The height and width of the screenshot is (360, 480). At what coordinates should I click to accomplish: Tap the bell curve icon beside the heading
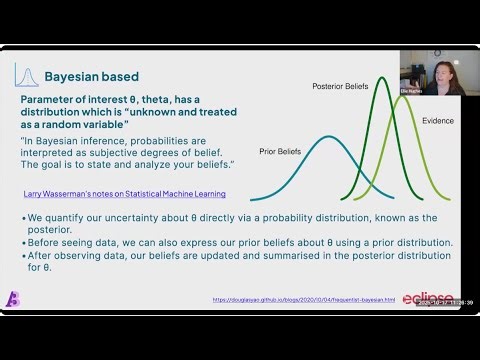click(28, 75)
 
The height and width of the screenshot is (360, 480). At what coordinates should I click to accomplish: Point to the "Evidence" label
click(438, 121)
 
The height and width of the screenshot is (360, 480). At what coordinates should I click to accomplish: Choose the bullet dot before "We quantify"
click(23, 215)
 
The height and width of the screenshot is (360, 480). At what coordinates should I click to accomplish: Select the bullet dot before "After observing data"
click(23, 254)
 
